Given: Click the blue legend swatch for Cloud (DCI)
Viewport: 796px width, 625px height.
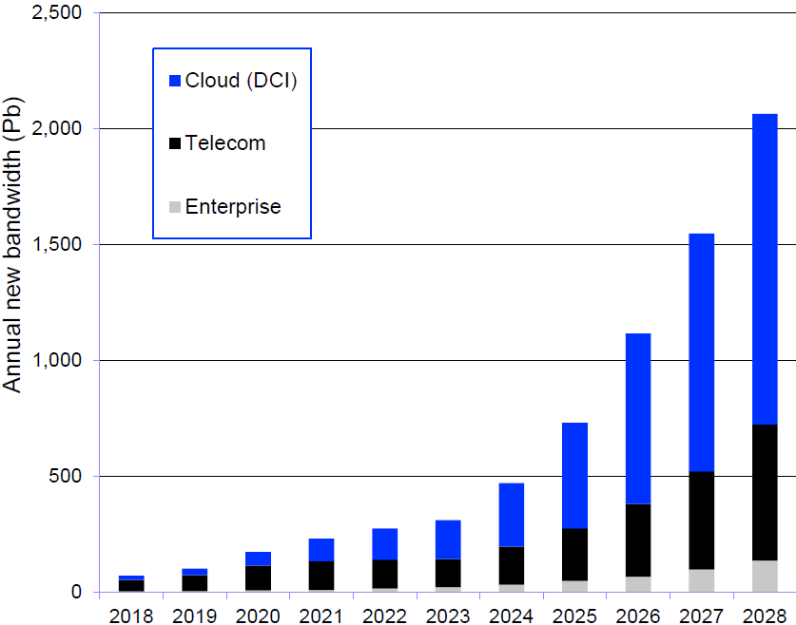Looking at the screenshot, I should (x=174, y=82).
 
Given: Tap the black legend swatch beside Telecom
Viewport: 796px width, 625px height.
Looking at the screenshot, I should (x=174, y=144).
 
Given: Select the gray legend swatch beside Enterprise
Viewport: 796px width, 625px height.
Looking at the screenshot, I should (x=174, y=207).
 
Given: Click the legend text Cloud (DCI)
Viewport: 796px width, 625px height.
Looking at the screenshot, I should (x=242, y=82).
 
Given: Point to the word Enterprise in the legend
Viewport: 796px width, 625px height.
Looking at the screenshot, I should (x=233, y=207).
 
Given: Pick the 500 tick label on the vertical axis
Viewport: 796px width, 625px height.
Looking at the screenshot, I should (x=65, y=477).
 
